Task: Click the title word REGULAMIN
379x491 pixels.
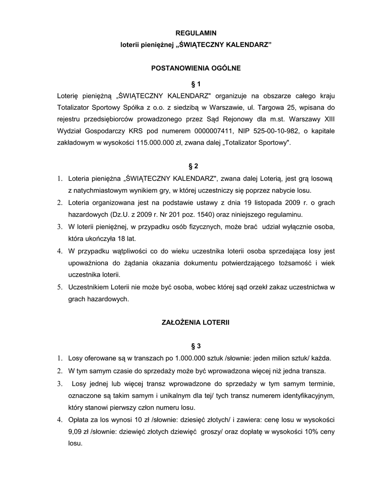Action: (196, 33)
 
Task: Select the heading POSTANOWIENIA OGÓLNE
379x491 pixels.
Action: (196, 69)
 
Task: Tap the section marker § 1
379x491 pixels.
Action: (196, 83)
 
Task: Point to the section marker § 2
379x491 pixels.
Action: (194, 166)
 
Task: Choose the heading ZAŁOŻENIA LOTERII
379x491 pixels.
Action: (195, 323)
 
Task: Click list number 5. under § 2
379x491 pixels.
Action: (60, 287)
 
